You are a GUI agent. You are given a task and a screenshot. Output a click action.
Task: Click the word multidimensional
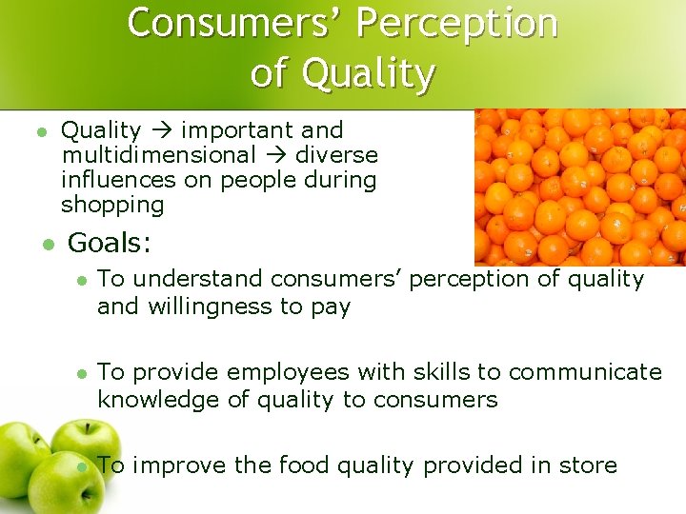tap(158, 155)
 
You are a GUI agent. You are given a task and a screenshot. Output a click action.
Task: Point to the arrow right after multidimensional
tap(275, 155)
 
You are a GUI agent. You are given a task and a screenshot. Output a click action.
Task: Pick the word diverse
tap(336, 155)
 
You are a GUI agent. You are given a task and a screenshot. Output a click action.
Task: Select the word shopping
tap(112, 205)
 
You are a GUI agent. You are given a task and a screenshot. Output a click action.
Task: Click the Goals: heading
tap(110, 244)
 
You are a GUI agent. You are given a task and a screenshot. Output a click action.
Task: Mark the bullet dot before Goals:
tap(47, 246)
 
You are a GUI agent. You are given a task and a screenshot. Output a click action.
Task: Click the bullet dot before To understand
tap(82, 280)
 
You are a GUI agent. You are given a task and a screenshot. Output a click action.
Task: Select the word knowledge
tap(158, 400)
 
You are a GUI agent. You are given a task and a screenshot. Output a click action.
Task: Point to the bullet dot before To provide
tap(82, 373)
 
